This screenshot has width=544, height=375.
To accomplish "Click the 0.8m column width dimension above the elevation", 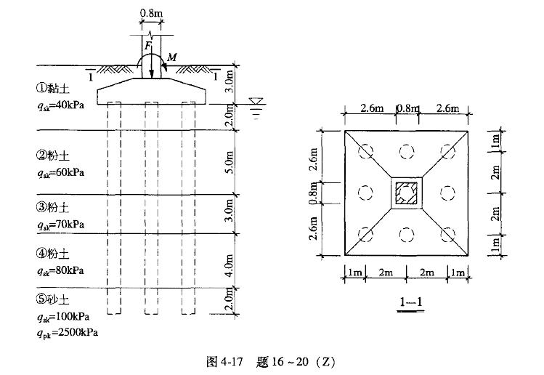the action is [151, 13].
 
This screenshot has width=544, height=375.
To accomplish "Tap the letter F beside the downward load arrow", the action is [147, 46].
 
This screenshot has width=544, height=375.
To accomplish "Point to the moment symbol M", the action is [171, 57].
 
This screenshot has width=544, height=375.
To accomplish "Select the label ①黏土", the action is [52, 89].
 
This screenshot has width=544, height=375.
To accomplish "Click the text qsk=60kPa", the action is [61, 173].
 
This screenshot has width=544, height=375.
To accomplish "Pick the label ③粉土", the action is [52, 207].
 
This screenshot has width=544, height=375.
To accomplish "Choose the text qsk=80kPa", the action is [61, 271].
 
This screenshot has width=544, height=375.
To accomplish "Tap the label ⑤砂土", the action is [52, 299].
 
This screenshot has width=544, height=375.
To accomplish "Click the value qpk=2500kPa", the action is [68, 333].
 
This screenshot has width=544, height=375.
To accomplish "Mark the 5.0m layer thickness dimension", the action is [230, 162].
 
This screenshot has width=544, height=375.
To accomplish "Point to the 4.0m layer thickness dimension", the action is [230, 266].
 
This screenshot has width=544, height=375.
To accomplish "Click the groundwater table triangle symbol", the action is [256, 102].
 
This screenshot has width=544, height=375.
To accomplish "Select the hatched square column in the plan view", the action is [407, 193].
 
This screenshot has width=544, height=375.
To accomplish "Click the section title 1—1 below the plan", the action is [411, 302].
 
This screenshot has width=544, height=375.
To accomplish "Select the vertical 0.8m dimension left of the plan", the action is [313, 193].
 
